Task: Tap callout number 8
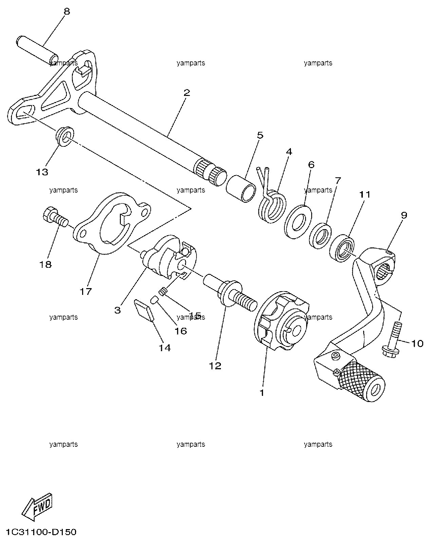click(x=67, y=12)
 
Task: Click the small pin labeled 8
click(x=37, y=50)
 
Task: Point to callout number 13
click(x=42, y=172)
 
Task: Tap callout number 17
click(x=85, y=291)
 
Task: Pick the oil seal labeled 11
click(x=342, y=248)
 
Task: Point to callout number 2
click(x=186, y=93)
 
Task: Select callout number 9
click(x=404, y=215)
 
